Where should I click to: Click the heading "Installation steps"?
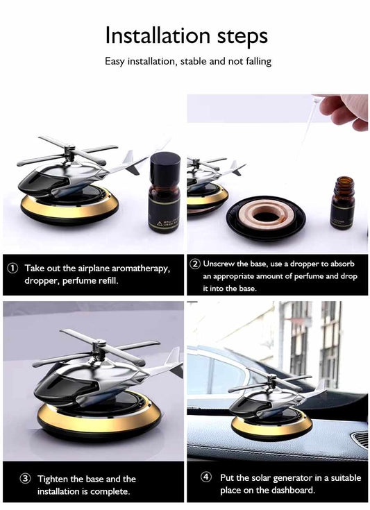[x=186, y=35]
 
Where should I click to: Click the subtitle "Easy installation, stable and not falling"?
[x=188, y=62]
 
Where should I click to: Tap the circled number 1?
[x=12, y=268]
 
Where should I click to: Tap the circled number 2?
[x=195, y=264]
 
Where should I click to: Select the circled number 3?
[x=24, y=479]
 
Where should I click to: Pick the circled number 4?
[x=206, y=477]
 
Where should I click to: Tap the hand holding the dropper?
[x=344, y=110]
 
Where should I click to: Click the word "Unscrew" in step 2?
[x=219, y=264]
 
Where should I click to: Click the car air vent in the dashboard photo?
[x=360, y=439]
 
